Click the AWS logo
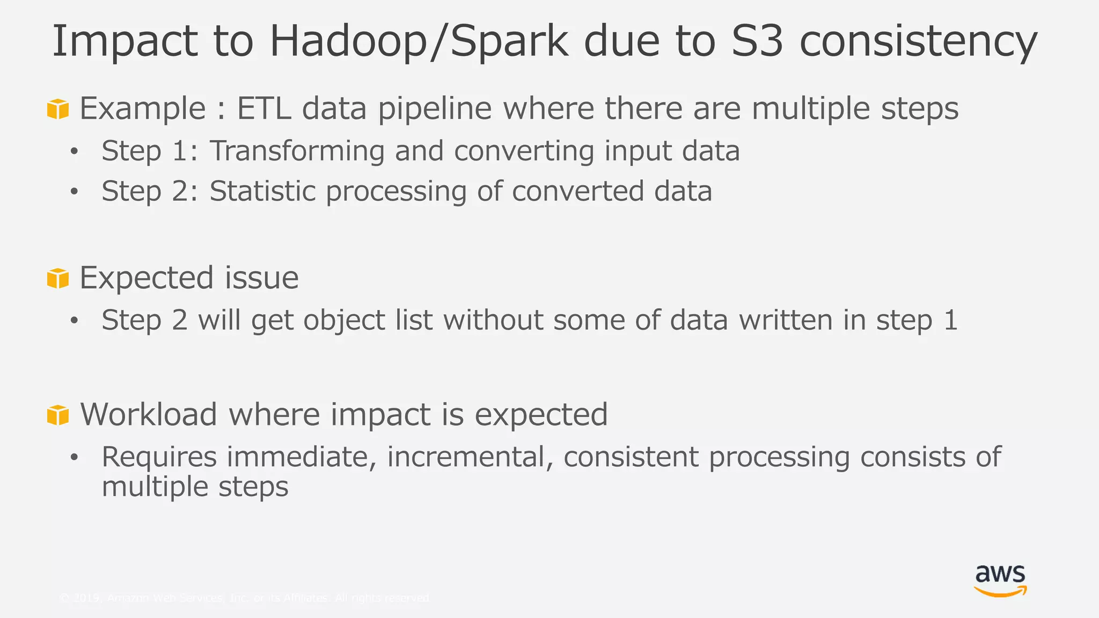click(1000, 581)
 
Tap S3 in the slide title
click(757, 42)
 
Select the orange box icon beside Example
click(58, 109)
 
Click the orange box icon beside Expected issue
click(58, 278)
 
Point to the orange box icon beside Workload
click(58, 415)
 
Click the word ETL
click(264, 108)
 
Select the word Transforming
click(297, 151)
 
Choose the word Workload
click(149, 415)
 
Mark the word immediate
click(301, 457)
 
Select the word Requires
click(159, 458)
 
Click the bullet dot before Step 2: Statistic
click(74, 192)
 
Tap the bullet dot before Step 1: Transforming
click(74, 151)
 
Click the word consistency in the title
click(918, 42)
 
